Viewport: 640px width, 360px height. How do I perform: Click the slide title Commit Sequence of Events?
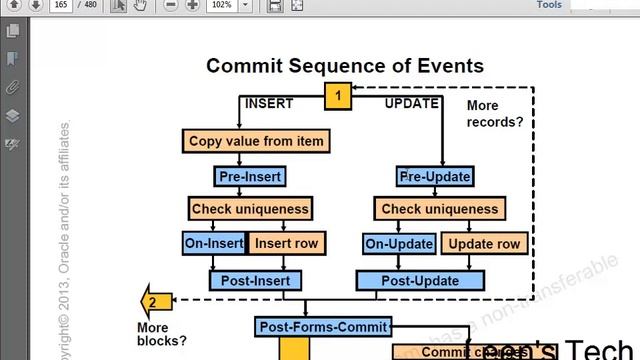(345, 66)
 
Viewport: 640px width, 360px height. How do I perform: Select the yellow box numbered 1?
(338, 96)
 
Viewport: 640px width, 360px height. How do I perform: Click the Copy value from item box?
(256, 141)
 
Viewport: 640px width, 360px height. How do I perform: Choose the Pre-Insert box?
(250, 177)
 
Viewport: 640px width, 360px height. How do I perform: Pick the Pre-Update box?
(435, 177)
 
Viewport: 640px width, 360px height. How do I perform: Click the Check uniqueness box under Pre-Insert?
(250, 209)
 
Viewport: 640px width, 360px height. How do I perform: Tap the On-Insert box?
(214, 243)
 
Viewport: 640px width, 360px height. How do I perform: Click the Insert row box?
(286, 243)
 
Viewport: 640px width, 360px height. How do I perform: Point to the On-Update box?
(398, 243)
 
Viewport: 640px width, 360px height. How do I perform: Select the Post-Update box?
(420, 281)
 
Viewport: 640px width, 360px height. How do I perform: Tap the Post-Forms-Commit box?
(323, 327)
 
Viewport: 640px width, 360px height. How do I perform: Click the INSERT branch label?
(269, 103)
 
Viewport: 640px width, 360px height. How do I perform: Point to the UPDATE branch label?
(411, 103)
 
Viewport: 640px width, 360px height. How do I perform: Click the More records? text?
(495, 113)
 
